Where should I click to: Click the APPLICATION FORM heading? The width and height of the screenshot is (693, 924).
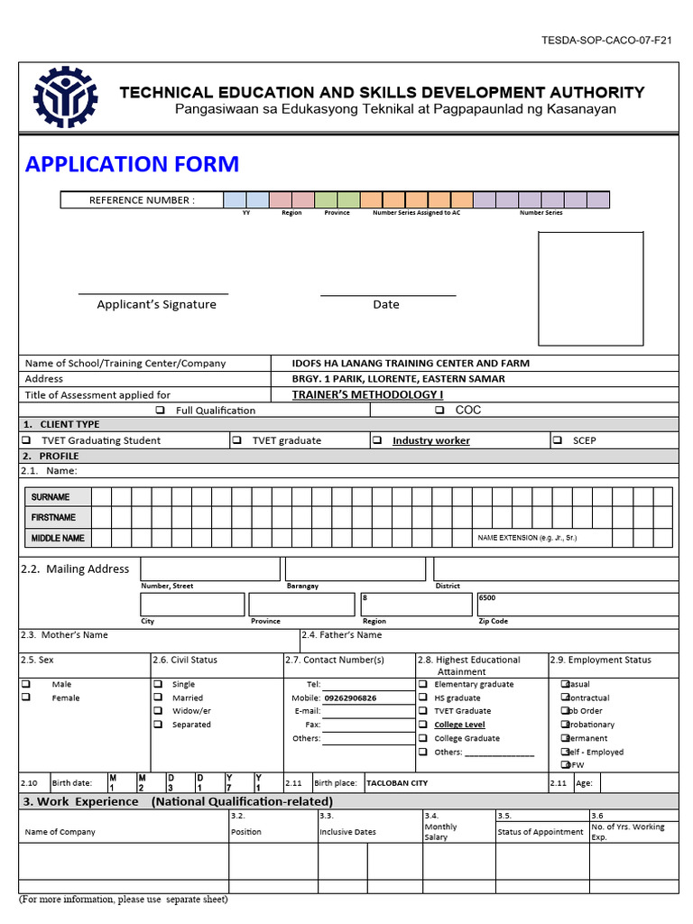pyautogui.click(x=132, y=164)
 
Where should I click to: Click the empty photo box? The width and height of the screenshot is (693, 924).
pyautogui.click(x=590, y=289)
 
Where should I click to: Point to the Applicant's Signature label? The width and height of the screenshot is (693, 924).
pyautogui.click(x=156, y=305)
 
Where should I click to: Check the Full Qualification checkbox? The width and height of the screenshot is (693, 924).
pyautogui.click(x=160, y=411)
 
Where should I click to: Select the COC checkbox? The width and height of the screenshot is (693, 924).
pyautogui.click(x=439, y=410)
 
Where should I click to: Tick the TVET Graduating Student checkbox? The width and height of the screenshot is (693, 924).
pyautogui.click(x=25, y=440)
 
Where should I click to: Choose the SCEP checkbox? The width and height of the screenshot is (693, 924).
pyautogui.click(x=557, y=440)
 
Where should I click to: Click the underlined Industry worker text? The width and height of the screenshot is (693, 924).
pyautogui.click(x=430, y=441)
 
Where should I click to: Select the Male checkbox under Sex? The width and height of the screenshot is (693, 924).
pyautogui.click(x=25, y=684)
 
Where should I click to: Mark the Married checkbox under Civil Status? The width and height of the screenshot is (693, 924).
pyautogui.click(x=158, y=698)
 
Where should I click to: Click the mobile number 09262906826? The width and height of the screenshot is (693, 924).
pyautogui.click(x=350, y=698)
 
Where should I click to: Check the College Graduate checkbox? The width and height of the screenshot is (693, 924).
pyautogui.click(x=424, y=738)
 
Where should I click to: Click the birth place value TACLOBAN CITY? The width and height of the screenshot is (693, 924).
pyautogui.click(x=394, y=783)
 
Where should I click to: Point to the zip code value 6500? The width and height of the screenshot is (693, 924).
pyautogui.click(x=487, y=598)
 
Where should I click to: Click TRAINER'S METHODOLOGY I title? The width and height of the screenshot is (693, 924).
pyautogui.click(x=367, y=395)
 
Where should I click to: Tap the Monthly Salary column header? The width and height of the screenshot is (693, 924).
pyautogui.click(x=440, y=832)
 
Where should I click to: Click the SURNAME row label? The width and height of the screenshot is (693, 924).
pyautogui.click(x=51, y=497)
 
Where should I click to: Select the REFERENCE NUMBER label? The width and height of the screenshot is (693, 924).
pyautogui.click(x=142, y=200)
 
